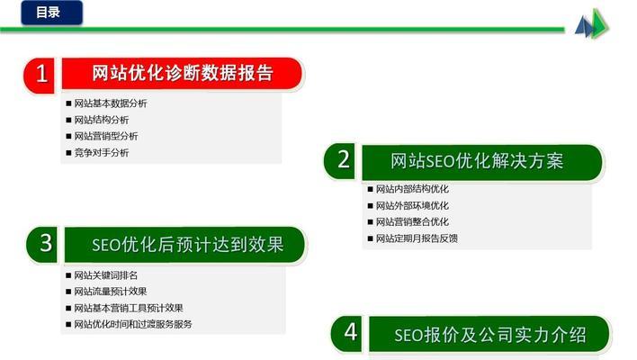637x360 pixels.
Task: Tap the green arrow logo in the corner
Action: click(591, 24)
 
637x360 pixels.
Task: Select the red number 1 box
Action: click(41, 74)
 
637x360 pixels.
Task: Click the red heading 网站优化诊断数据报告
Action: click(182, 74)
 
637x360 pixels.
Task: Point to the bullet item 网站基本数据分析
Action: click(110, 103)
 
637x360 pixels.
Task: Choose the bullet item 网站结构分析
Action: click(101, 120)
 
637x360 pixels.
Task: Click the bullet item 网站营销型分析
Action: click(105, 137)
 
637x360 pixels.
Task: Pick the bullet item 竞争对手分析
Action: click(101, 153)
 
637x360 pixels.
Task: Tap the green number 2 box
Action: click(343, 160)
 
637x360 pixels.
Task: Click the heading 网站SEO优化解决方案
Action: click(477, 161)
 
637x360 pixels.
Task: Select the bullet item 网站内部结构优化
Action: click(411, 189)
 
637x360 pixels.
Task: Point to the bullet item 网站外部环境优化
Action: click(411, 205)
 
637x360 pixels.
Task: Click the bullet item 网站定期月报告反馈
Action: click(416, 238)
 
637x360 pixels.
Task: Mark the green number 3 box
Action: click(46, 243)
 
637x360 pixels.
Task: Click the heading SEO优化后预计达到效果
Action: click(187, 244)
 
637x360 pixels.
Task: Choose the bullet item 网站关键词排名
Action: click(105, 274)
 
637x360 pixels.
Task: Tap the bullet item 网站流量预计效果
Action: click(110, 291)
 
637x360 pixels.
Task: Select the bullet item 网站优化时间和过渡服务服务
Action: click(132, 324)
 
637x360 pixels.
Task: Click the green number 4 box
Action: click(350, 333)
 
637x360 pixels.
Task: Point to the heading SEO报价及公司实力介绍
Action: click(489, 335)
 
